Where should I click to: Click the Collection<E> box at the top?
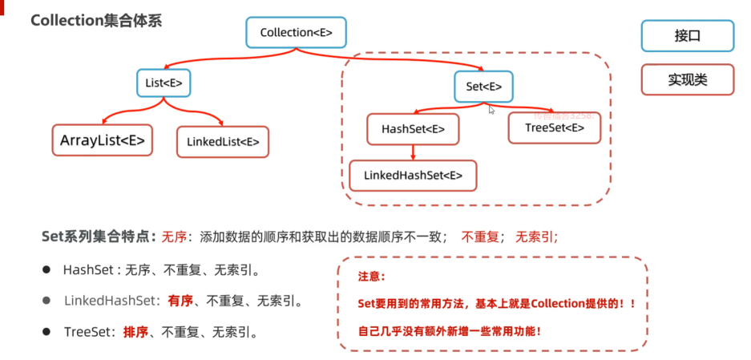pos(296,32)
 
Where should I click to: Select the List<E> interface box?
pos(164,83)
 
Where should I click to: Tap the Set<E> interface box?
pos(483,86)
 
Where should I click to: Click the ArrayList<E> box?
pos(103,141)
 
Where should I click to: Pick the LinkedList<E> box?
pos(223,142)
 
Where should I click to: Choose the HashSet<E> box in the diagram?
pos(413,129)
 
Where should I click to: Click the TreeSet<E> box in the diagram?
pos(554,127)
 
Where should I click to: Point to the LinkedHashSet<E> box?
pos(413,175)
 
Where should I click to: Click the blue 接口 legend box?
pos(687,36)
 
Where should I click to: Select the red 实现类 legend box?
pos(687,80)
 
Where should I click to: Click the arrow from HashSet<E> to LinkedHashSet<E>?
pos(413,152)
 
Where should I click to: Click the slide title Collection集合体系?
pos(96,21)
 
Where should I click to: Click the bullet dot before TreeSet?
pos(46,331)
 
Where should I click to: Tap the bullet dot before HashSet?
pos(46,270)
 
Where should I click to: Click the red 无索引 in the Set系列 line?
pos(536,237)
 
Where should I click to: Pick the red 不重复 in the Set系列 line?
pos(481,237)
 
